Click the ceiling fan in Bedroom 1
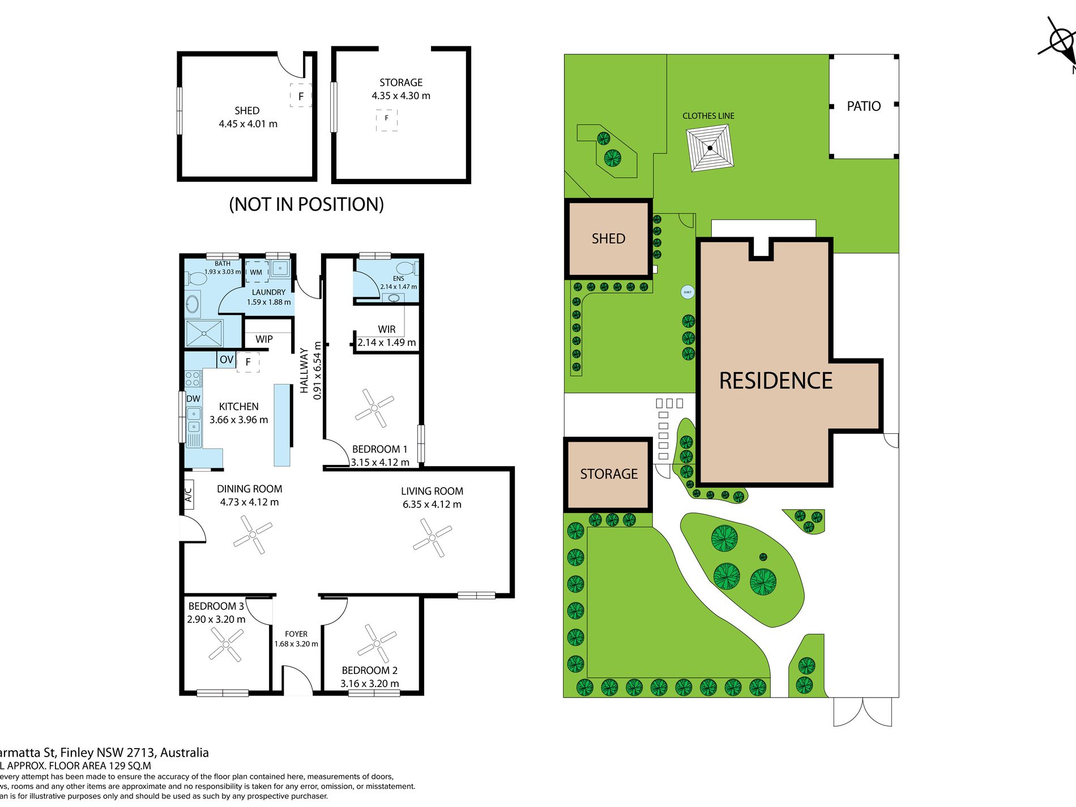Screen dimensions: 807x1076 tap(374, 408)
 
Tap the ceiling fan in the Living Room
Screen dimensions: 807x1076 tap(432, 538)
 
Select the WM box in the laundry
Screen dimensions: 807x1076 tap(257, 272)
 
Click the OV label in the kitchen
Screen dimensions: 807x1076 tap(227, 360)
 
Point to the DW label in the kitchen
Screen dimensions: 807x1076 tap(193, 399)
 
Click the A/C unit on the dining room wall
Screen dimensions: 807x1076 tap(189, 494)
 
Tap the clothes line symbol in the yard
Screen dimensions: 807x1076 tap(710, 148)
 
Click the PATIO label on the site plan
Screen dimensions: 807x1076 tap(863, 106)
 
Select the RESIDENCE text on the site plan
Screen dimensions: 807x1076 tap(775, 381)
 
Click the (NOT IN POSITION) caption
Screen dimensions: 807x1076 tap(306, 204)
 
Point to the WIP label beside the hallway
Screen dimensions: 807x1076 tap(264, 339)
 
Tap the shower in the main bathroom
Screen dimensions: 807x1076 tap(204, 333)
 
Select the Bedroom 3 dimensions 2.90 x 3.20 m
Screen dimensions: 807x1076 tap(216, 620)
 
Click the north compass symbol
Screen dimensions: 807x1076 tap(1060, 41)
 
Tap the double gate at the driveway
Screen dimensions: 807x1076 tap(862, 712)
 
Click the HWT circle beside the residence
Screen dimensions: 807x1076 tap(687, 292)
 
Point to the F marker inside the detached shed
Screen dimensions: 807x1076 tap(301, 96)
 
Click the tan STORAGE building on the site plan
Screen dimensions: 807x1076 tap(608, 474)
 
